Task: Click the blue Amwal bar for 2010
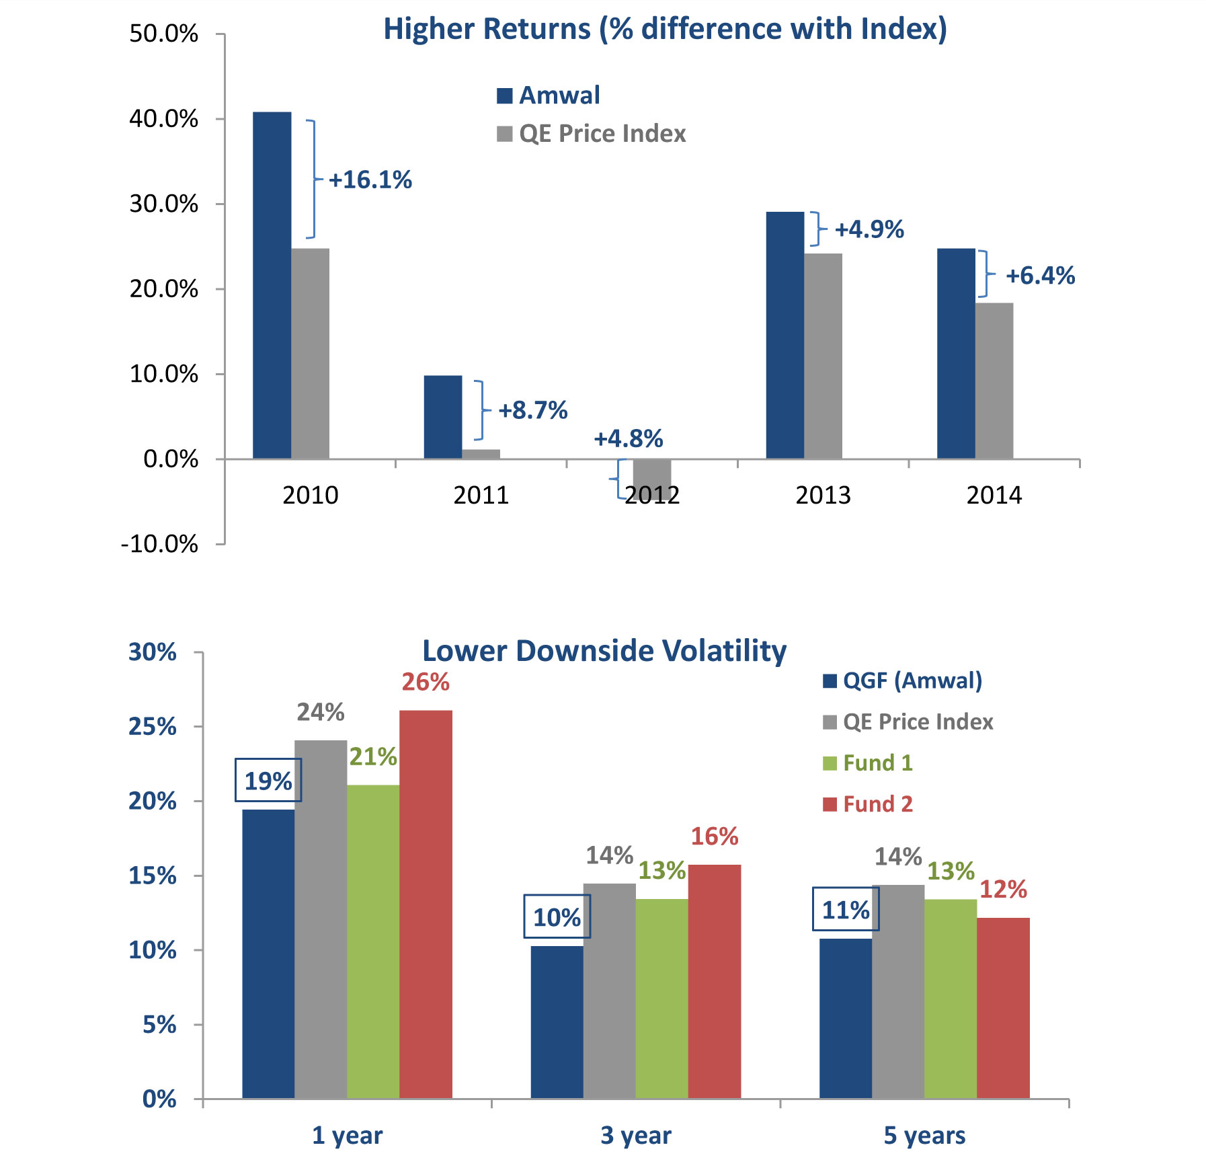272,286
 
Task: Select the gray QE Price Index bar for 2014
994,381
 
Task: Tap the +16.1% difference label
370,180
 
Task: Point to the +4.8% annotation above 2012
628,439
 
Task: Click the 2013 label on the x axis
823,496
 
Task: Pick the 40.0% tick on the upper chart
164,119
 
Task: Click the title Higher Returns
664,30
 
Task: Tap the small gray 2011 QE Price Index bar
481,454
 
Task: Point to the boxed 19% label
268,781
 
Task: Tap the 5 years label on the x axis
924,1136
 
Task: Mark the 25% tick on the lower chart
153,727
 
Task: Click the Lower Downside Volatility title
604,651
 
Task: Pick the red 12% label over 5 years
1003,890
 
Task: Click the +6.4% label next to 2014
1040,276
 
